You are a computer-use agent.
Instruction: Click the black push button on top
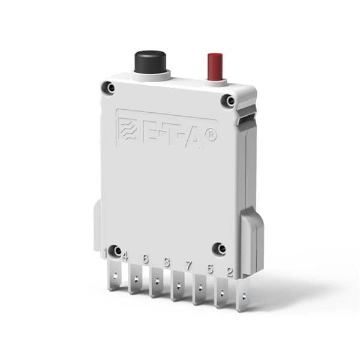[150, 61]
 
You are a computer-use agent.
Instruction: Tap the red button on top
[215, 66]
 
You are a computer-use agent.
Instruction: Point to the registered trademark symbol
[211, 136]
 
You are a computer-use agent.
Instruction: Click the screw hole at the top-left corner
[109, 88]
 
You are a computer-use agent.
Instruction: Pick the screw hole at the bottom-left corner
[116, 250]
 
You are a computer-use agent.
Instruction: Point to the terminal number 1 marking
[104, 254]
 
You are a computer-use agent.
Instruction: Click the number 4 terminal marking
[125, 256]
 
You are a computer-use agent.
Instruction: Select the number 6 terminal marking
[145, 259]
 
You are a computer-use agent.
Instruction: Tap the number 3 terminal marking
[167, 262]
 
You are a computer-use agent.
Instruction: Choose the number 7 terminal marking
[188, 265]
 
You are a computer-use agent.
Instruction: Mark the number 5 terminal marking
[210, 269]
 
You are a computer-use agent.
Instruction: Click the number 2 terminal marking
[230, 272]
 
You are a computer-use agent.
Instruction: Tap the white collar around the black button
[151, 75]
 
